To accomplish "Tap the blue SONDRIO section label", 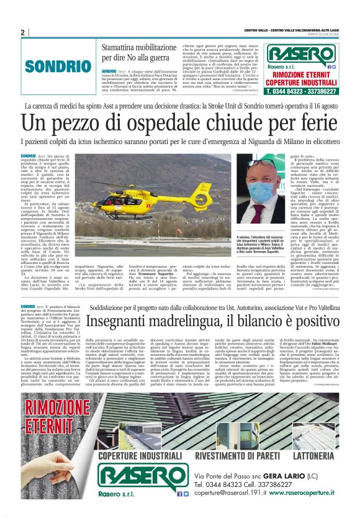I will tap(54, 65).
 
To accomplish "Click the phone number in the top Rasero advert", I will tap(301, 91).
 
